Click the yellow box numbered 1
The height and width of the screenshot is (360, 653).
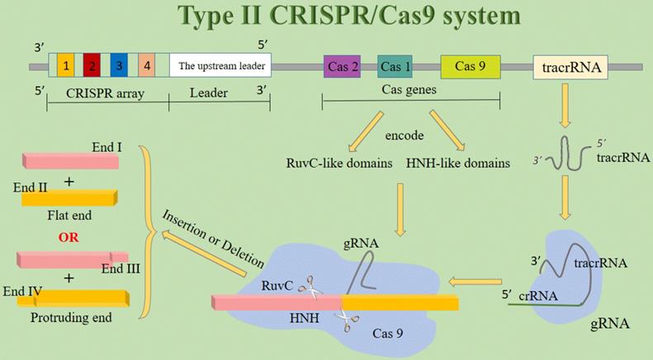point(66,65)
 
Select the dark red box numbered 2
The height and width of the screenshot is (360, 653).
point(92,65)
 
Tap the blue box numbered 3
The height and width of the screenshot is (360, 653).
point(119,65)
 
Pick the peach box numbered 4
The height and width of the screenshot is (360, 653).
point(145,65)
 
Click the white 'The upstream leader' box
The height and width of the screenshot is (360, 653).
point(220,65)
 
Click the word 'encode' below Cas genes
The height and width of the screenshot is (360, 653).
point(407,134)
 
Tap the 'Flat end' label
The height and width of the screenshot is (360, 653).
point(69,215)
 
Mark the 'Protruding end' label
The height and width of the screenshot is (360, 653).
point(69,317)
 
